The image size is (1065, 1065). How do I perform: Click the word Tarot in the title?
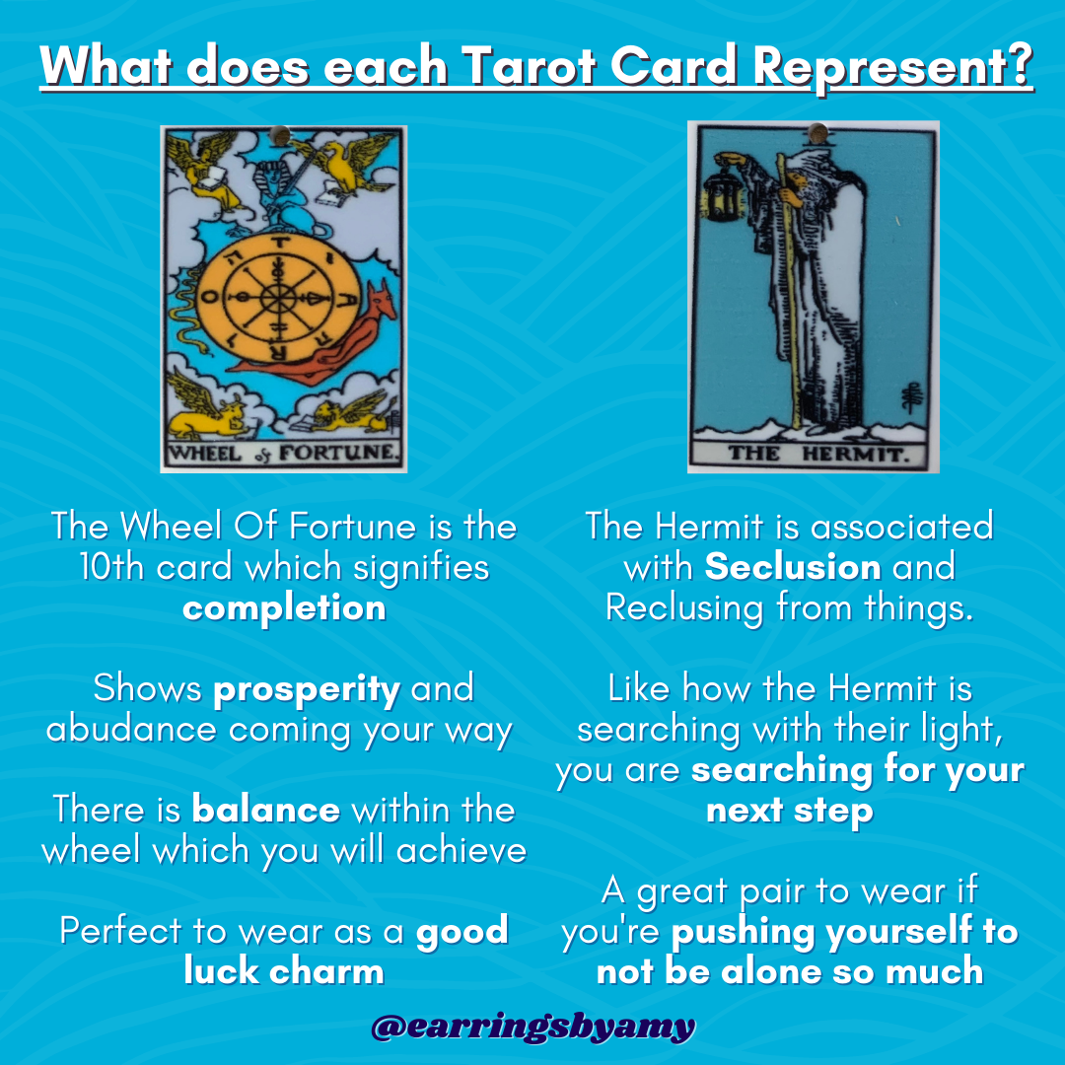click(528, 66)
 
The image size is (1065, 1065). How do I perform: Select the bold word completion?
click(284, 607)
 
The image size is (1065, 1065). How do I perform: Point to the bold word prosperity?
click(307, 690)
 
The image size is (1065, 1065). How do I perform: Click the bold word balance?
click(265, 809)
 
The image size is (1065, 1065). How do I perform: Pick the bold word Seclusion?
click(793, 566)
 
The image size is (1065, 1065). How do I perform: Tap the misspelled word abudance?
click(131, 729)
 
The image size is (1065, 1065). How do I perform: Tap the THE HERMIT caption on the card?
click(817, 453)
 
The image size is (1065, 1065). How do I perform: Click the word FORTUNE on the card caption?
click(336, 453)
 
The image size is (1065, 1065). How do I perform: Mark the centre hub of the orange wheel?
click(278, 298)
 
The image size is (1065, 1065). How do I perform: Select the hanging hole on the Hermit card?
click(817, 133)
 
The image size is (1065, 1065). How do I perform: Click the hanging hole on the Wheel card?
click(279, 135)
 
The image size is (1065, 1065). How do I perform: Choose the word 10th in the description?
click(112, 566)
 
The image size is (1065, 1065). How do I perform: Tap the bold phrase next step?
click(789, 811)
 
